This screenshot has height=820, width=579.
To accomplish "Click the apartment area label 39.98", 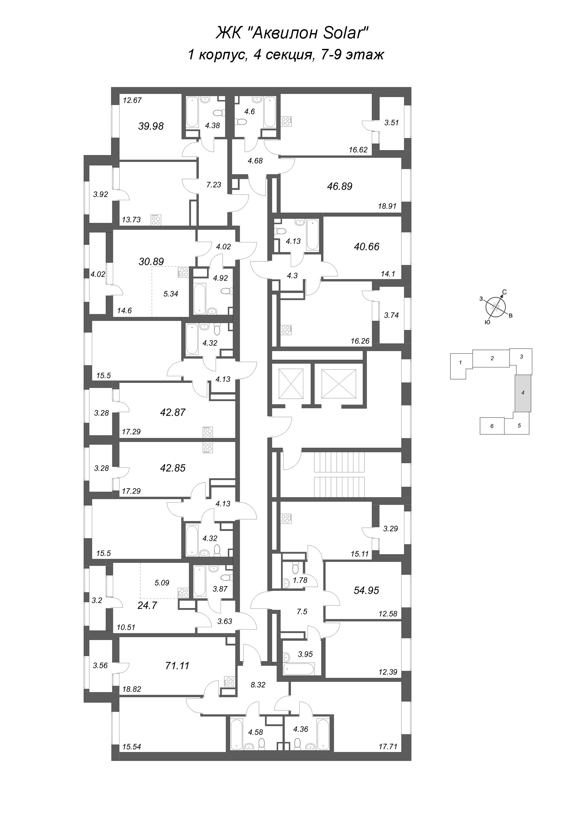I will [151, 126].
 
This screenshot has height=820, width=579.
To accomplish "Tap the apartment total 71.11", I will [177, 666].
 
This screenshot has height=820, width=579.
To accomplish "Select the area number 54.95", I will [366, 590].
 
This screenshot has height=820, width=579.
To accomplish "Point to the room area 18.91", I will [387, 206].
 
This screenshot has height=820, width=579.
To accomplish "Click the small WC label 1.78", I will [300, 580].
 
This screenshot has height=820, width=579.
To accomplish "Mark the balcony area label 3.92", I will [100, 195].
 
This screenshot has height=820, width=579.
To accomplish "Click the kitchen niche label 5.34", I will [171, 294].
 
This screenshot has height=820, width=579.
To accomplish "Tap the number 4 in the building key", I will [523, 393].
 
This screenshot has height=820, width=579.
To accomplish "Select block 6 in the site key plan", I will [492, 426].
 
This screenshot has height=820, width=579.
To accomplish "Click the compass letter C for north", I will [504, 292].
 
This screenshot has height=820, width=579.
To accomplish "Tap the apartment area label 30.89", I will [151, 261].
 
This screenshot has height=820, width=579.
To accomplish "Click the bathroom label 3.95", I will [305, 654].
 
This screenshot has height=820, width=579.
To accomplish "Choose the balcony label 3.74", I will [391, 315].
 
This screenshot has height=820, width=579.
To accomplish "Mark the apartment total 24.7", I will [147, 605].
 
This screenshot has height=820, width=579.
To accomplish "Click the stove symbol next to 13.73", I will [156, 219].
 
